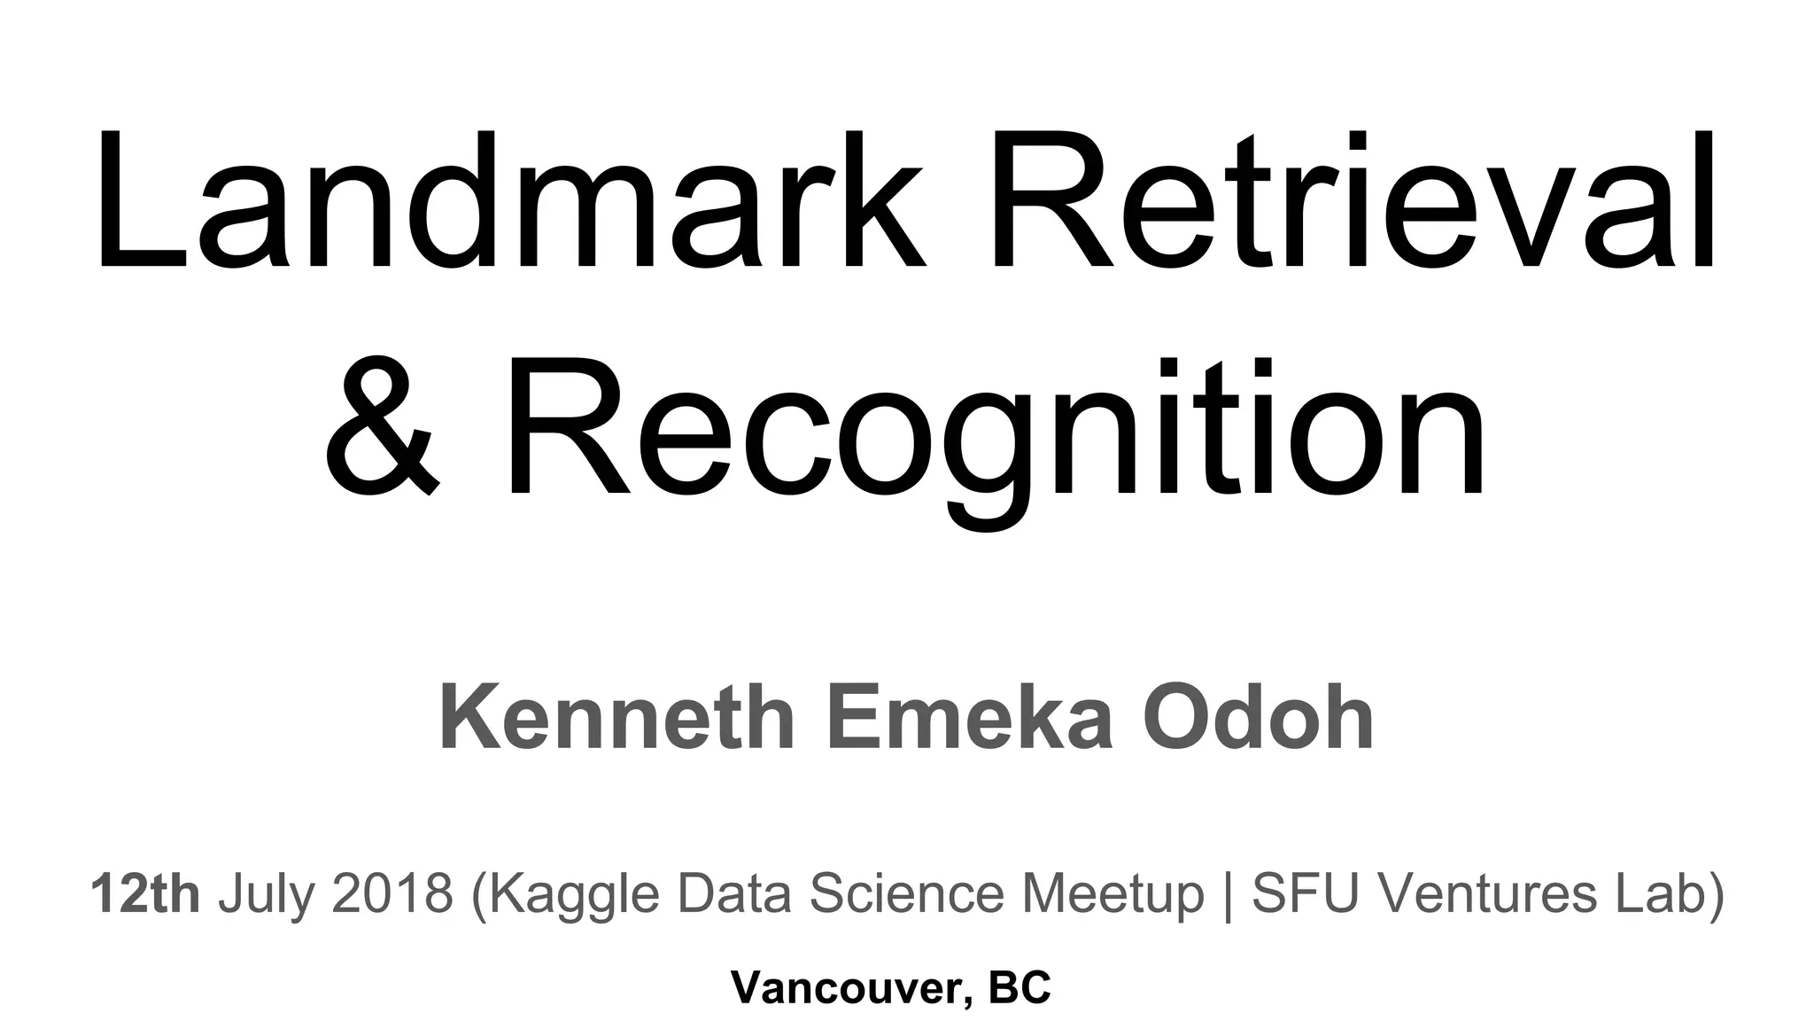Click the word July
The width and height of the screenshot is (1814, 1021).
(267, 895)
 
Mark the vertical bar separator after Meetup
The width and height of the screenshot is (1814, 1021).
(1227, 895)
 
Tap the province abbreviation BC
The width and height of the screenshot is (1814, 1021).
(1019, 987)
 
